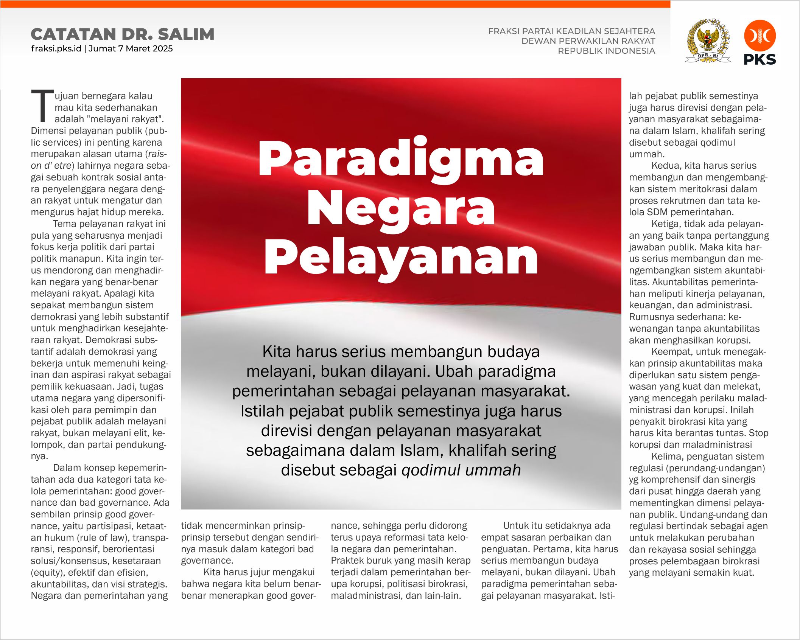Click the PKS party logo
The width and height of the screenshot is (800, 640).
(x=760, y=42)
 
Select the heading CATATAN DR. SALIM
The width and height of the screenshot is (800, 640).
(x=123, y=34)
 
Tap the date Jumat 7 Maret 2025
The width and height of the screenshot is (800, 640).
(x=131, y=48)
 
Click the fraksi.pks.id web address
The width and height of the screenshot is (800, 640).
(x=56, y=48)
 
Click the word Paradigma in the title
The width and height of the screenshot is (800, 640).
(x=401, y=159)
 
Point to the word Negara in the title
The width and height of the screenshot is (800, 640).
(x=401, y=209)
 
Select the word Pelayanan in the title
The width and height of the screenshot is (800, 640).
(x=401, y=258)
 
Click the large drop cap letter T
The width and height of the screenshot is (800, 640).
(x=42, y=106)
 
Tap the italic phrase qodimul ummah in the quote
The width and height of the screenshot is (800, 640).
(x=461, y=470)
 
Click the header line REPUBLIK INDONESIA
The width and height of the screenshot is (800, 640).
(x=606, y=51)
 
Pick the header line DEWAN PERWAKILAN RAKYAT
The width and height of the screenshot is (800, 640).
(x=588, y=41)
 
